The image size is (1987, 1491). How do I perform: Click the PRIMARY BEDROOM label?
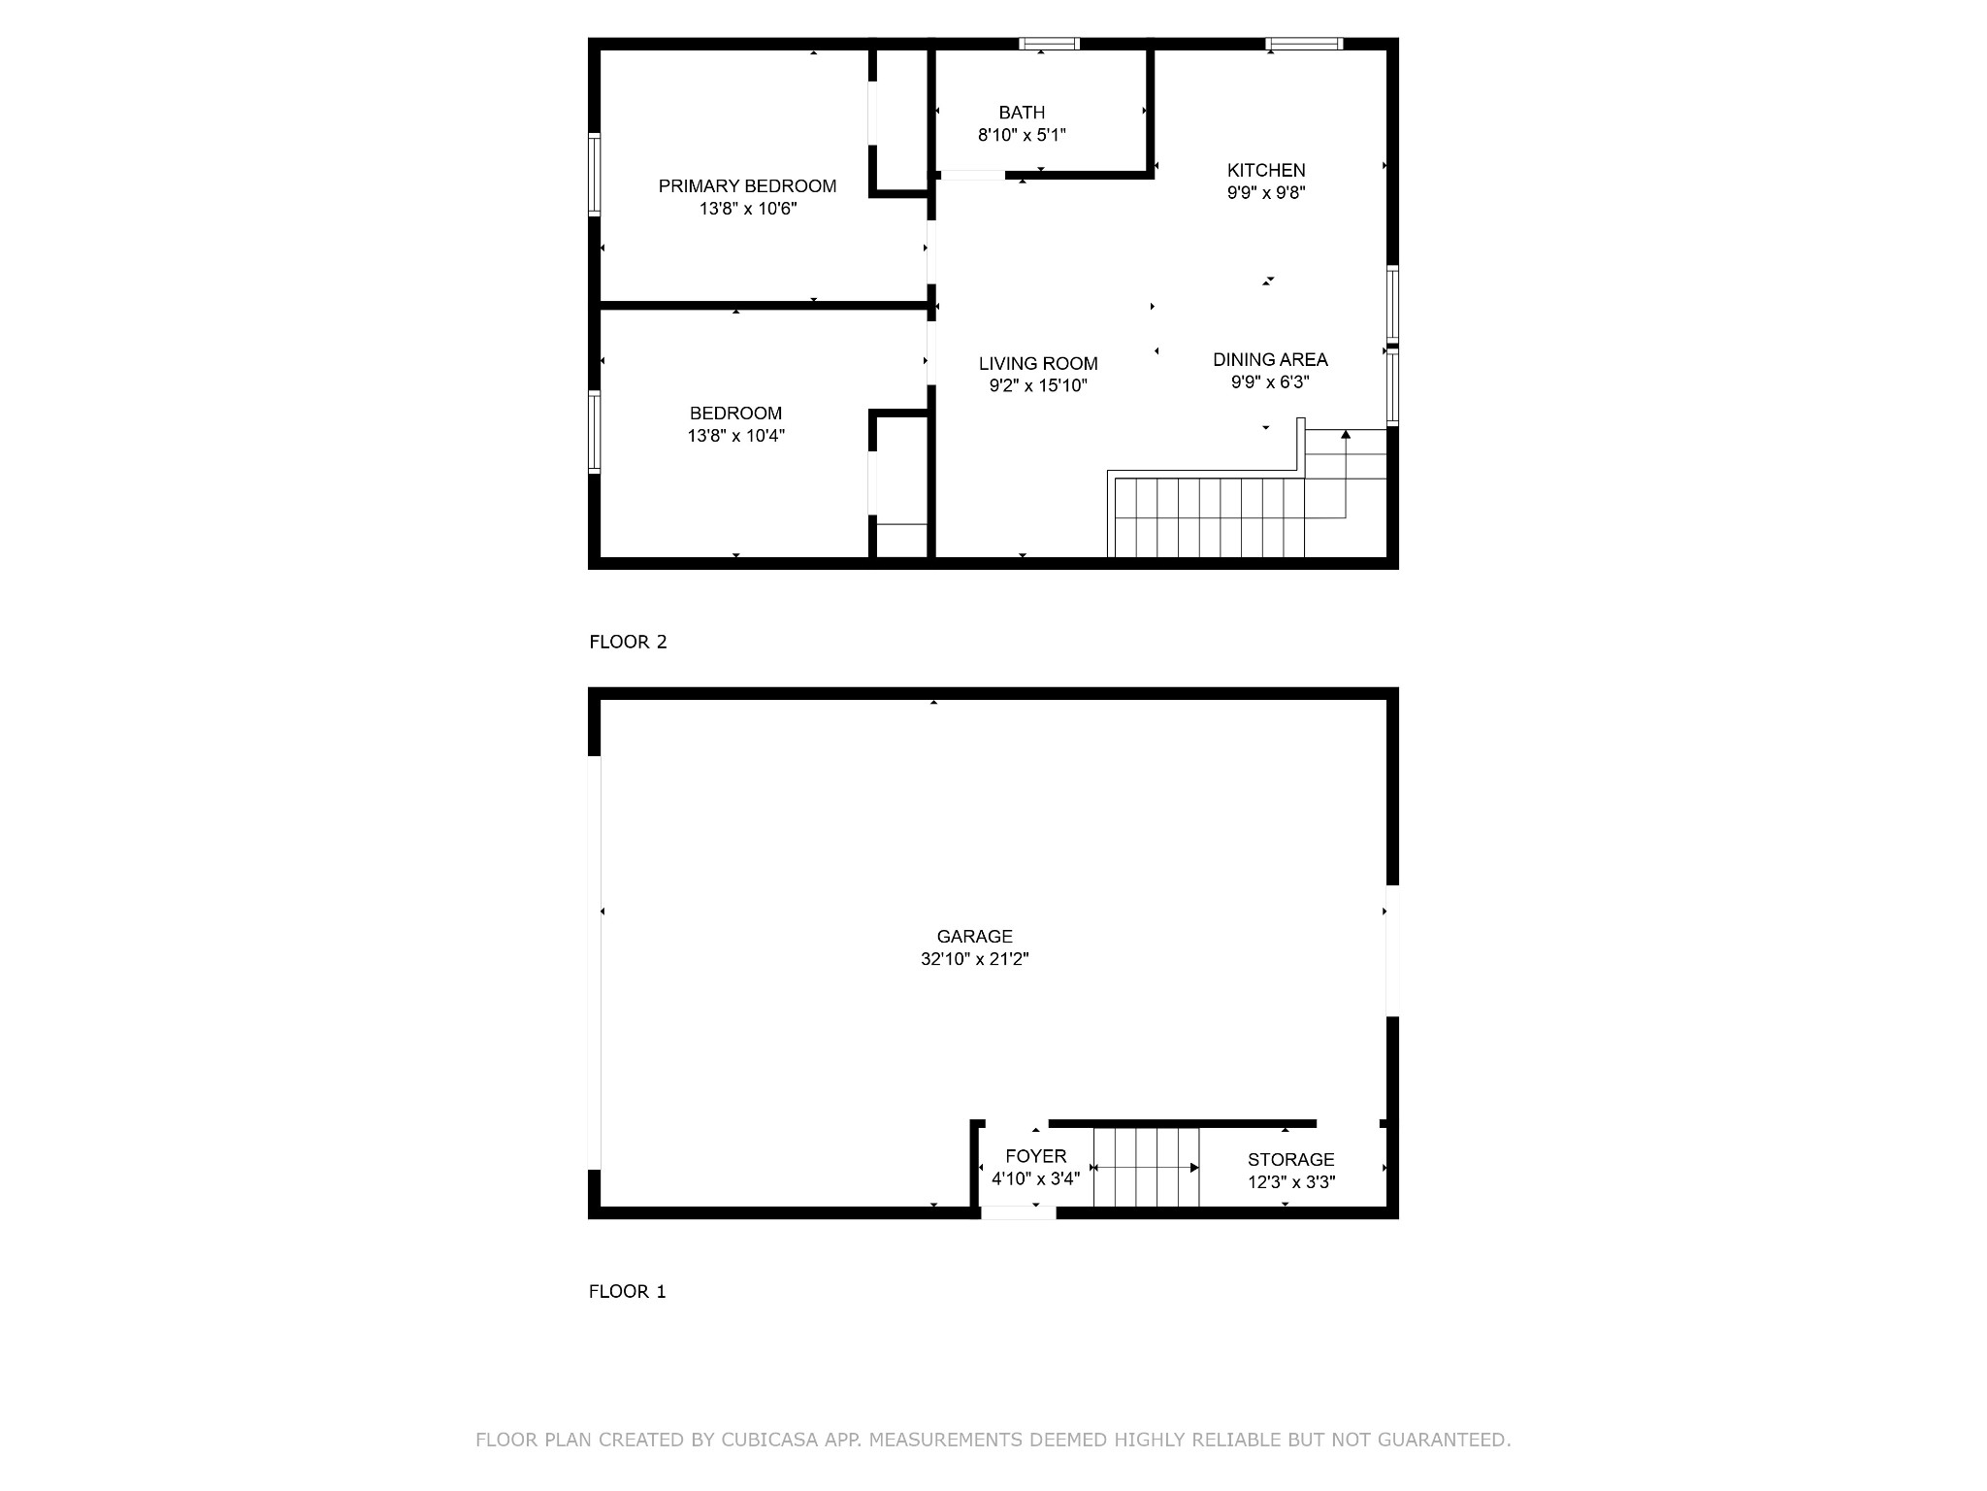pos(747,186)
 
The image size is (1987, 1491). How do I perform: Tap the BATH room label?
pos(1022,113)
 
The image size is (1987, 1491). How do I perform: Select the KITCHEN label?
pos(1266,171)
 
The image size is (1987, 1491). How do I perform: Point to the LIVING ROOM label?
pos(1038,364)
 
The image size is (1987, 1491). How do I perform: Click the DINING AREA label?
pos(1270,360)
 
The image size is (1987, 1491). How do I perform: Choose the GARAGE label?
pos(974,937)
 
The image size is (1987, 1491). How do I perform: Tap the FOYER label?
pos(1035,1156)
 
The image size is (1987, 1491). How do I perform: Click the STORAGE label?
pos(1290,1160)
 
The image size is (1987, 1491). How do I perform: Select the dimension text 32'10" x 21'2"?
pos(974,959)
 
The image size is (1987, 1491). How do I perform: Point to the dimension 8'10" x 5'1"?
pos(1022,135)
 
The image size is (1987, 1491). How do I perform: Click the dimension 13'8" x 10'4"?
pos(735,436)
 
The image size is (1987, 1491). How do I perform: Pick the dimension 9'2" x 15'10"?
pos(1038,386)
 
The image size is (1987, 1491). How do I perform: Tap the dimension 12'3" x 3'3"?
pos(1290,1182)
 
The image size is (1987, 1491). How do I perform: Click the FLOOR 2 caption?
pos(628,642)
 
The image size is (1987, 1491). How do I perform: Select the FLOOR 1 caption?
pos(627,1291)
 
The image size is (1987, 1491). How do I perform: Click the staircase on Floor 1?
pos(1147,1167)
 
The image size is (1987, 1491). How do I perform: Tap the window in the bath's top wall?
pos(1049,44)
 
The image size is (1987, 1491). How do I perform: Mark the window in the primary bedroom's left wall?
pos(595,174)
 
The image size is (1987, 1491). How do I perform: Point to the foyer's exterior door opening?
pos(1018,1212)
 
